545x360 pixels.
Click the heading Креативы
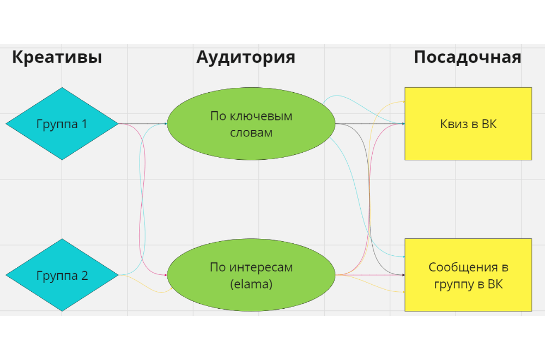click(x=57, y=57)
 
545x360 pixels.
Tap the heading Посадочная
click(x=467, y=57)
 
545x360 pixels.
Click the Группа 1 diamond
click(x=62, y=124)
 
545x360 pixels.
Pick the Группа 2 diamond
click(x=62, y=275)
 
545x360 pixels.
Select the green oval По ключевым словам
click(x=251, y=124)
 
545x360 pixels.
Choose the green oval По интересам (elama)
click(x=251, y=275)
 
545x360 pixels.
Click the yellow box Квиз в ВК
click(x=468, y=124)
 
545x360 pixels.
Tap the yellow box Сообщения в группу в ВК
click(x=468, y=275)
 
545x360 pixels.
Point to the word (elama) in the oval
click(x=251, y=284)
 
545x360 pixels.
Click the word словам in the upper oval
click(x=251, y=133)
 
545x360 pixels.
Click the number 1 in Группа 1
click(x=84, y=124)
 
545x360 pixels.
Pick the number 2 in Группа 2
click(x=84, y=275)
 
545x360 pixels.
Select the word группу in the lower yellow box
click(x=452, y=284)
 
